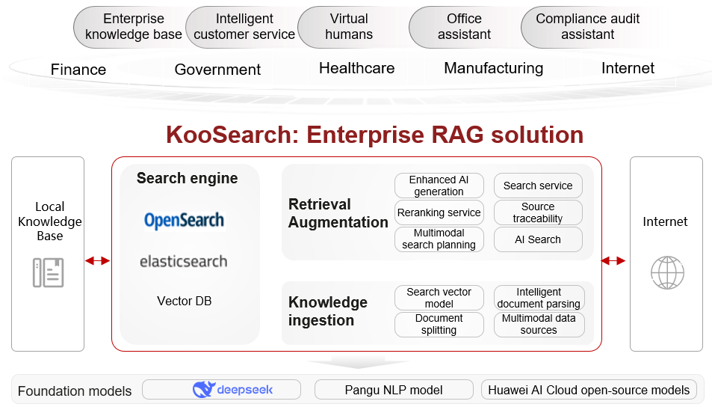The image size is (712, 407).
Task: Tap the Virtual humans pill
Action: [x=349, y=27]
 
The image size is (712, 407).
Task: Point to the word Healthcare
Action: [x=357, y=68]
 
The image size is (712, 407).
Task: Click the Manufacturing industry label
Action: [x=494, y=68]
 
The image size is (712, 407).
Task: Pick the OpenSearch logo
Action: [x=185, y=221]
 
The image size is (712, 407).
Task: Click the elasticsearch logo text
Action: [x=184, y=261]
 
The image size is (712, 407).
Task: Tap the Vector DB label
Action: [x=185, y=301]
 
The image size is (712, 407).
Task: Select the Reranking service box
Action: [x=439, y=212]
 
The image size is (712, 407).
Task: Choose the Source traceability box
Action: [x=538, y=212]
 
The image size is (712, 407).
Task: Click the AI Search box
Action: [x=538, y=239]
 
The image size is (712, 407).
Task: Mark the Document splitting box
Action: [x=439, y=324]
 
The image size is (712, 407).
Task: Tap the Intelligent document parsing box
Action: [x=539, y=298]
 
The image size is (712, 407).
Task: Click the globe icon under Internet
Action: [x=667, y=273]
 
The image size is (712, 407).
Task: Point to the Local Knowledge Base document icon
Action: [x=48, y=273]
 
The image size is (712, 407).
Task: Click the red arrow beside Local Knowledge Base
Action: [x=98, y=260]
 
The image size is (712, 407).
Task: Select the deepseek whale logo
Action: [x=203, y=390]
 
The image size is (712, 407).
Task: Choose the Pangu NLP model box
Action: [x=394, y=390]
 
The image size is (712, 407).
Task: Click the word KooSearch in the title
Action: [x=232, y=135]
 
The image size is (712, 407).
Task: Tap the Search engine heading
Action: [x=187, y=178]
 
